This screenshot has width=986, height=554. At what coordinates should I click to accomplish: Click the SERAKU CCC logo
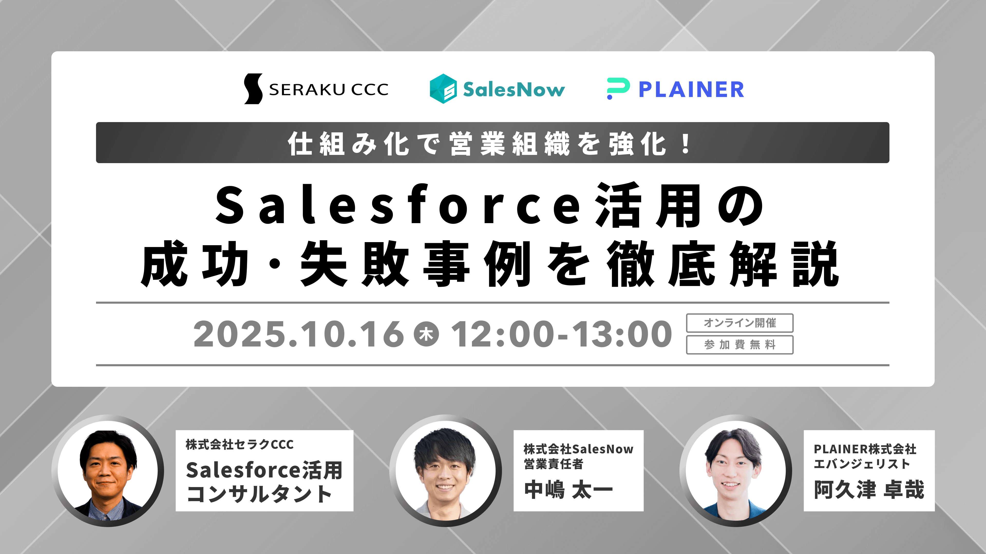tap(316, 89)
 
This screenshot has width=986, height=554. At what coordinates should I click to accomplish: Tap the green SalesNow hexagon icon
tap(443, 89)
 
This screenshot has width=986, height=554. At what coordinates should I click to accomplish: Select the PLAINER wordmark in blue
tap(691, 90)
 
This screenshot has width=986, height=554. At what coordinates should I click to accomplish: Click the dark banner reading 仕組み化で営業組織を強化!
tap(493, 143)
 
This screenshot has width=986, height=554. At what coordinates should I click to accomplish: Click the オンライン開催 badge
tap(739, 323)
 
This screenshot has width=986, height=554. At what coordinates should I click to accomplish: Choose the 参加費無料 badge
tap(739, 345)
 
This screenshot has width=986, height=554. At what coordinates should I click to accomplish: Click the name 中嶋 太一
tap(569, 490)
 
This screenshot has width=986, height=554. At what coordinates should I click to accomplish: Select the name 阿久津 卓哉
tap(869, 490)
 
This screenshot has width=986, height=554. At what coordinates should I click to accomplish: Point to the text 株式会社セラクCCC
tap(240, 444)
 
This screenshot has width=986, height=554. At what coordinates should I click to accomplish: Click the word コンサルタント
tap(259, 494)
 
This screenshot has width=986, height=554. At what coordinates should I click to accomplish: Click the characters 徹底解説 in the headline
tap(723, 264)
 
